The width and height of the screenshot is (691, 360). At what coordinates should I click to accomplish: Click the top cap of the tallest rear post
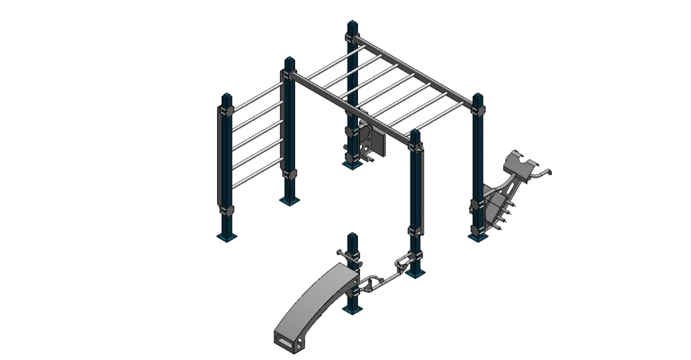click(352, 25)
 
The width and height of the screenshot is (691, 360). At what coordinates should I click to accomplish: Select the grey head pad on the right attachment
click(520, 165)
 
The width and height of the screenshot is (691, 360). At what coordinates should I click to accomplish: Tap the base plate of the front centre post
click(415, 275)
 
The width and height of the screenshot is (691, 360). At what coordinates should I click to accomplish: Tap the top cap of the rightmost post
click(477, 97)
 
